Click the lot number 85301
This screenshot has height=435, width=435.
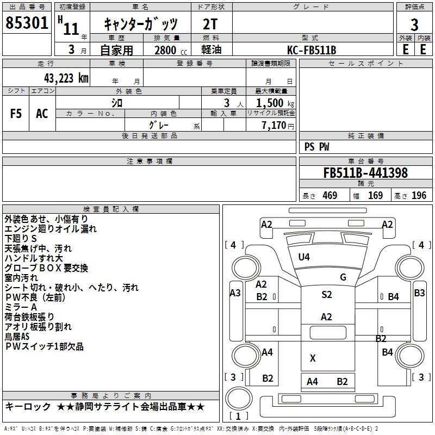26,23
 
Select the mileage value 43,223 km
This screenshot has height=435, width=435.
63,78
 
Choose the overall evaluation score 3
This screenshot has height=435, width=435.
414,25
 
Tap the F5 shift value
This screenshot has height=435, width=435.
16,114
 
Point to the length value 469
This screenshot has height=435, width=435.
330,196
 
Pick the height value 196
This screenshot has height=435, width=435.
419,196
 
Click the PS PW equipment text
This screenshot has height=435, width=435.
317,147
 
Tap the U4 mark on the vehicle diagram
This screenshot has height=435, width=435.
304,257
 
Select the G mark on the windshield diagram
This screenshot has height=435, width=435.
343,277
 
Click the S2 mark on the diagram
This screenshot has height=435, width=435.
326,295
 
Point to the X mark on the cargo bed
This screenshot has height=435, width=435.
313,358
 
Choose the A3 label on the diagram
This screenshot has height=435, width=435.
235,293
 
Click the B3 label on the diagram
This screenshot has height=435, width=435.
419,293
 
